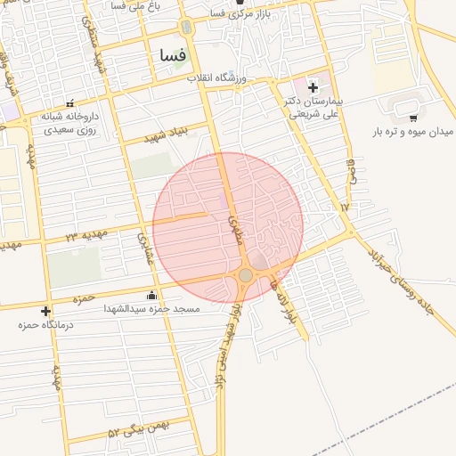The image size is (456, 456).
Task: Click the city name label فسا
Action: click(172, 55)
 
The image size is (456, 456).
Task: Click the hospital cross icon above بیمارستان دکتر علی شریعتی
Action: click(313, 87)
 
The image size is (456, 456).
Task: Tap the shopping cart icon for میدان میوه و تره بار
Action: click(413, 117)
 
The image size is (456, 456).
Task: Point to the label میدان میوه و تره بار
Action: click(408, 132)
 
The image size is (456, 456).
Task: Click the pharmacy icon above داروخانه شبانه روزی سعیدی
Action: click(70, 103)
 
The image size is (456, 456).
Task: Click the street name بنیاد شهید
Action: click(167, 132)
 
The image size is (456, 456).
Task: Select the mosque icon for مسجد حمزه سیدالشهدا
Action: click(151, 296)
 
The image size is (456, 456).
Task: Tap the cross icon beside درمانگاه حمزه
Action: click(46, 311)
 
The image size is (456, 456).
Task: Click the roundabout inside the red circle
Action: click(246, 275)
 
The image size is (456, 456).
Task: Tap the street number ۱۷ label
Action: click(346, 207)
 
